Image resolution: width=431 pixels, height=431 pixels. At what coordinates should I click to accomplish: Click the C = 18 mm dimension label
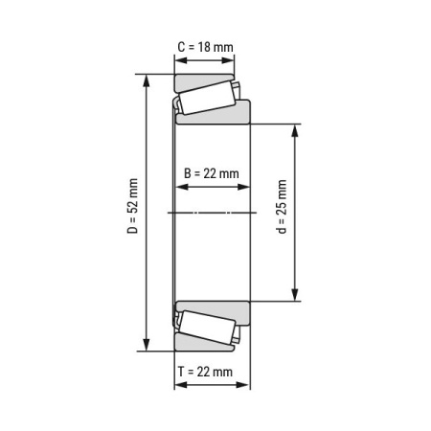[205, 45]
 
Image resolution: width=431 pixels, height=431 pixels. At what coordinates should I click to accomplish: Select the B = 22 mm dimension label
[211, 173]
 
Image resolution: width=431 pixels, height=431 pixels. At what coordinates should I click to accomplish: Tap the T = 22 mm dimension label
[205, 372]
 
